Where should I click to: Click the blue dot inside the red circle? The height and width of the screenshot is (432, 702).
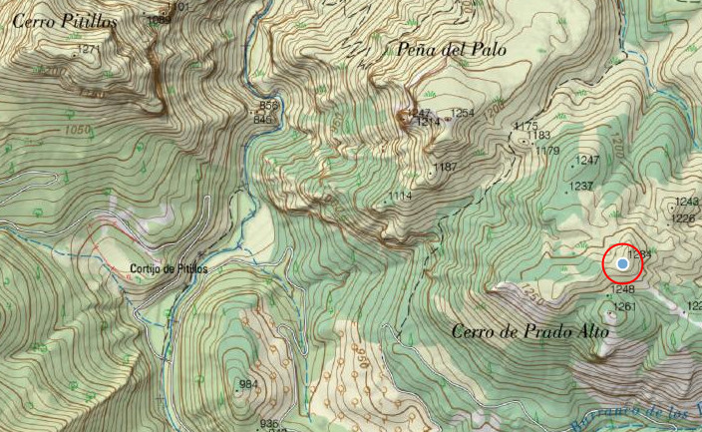click(623, 264)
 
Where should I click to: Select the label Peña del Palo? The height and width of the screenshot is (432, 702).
click(452, 49)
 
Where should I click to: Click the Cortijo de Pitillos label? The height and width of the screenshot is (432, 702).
click(170, 269)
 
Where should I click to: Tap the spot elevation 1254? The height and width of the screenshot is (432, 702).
click(463, 113)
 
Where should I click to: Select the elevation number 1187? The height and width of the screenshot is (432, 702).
click(446, 166)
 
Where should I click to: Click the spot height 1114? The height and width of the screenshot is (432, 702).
click(401, 196)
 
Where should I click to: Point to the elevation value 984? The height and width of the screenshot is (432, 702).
click(249, 384)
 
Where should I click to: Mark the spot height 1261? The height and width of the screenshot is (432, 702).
click(624, 306)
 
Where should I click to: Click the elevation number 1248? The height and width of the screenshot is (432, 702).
click(622, 290)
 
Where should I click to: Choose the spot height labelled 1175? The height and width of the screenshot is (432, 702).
click(526, 125)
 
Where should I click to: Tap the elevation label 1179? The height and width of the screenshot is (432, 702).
click(547, 151)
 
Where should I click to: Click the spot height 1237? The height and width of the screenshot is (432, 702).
click(581, 187)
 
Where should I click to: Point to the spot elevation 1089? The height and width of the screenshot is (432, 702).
click(158, 19)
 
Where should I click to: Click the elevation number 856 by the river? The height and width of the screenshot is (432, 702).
click(267, 106)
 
